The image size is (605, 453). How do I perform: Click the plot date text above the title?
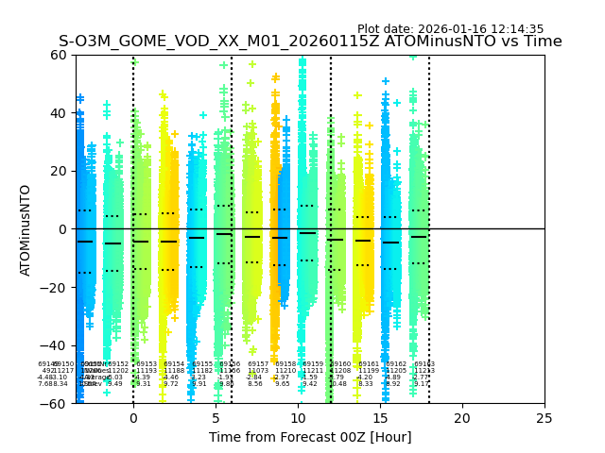(x=450, y=29)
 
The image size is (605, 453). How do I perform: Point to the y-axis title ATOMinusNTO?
(x=26, y=229)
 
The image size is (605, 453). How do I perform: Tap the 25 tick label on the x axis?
(x=544, y=418)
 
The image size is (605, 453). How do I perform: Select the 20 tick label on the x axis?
(x=462, y=418)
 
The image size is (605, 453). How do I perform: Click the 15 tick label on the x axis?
(x=380, y=418)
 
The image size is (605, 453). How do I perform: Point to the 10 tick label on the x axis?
(x=298, y=418)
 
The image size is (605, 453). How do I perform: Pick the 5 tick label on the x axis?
(x=216, y=418)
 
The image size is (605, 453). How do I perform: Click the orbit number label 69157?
(x=258, y=364)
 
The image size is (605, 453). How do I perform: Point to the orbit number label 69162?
(x=397, y=364)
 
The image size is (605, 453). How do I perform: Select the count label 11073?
(x=258, y=371)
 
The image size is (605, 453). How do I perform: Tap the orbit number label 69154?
(x=174, y=364)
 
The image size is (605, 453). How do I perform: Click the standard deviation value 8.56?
(x=255, y=384)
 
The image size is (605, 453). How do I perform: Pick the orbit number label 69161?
(x=369, y=364)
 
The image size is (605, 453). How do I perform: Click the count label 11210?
(x=285, y=371)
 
